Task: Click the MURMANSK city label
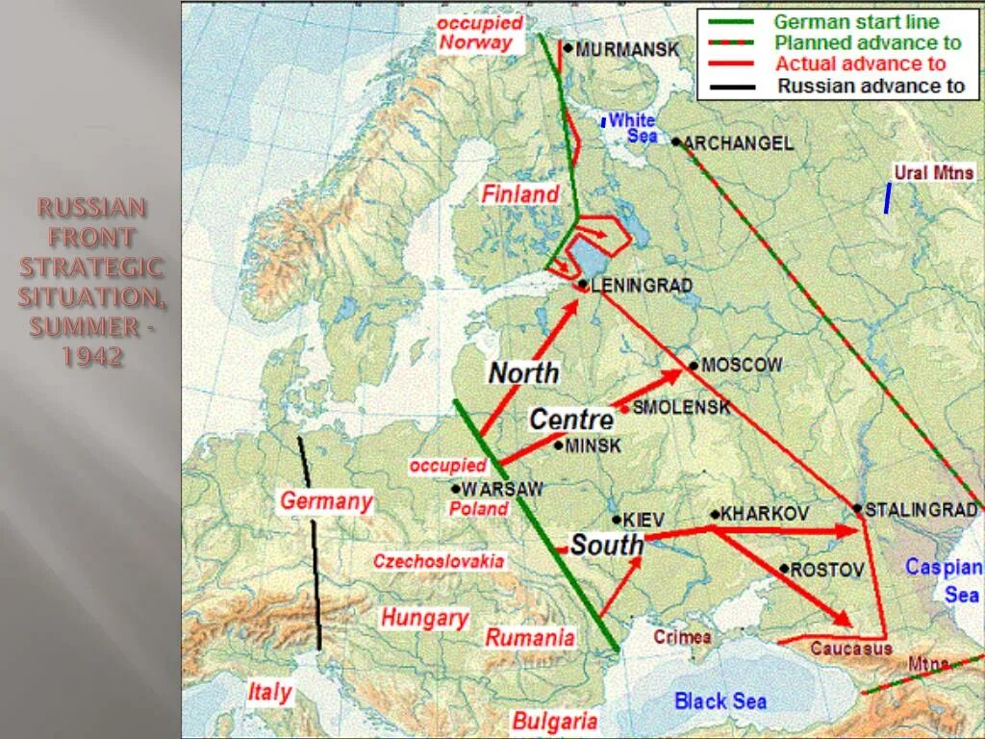coord(626,49)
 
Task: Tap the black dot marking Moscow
coord(694,366)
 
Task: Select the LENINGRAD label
coord(641,286)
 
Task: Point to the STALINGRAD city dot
coord(857,508)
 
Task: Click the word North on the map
coord(523,372)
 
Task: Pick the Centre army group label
coord(571,420)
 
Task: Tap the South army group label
coord(607,545)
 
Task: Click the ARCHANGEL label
coord(739,143)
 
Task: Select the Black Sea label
coord(720,701)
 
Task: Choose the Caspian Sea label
coord(945,581)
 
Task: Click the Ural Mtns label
coord(934,173)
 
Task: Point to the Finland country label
coord(520,194)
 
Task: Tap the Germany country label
coord(326,501)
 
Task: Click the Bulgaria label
coord(555,721)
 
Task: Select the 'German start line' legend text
coord(856,21)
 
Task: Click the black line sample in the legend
coord(730,86)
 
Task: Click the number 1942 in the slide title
coord(92,356)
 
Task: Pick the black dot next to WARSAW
coord(455,489)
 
